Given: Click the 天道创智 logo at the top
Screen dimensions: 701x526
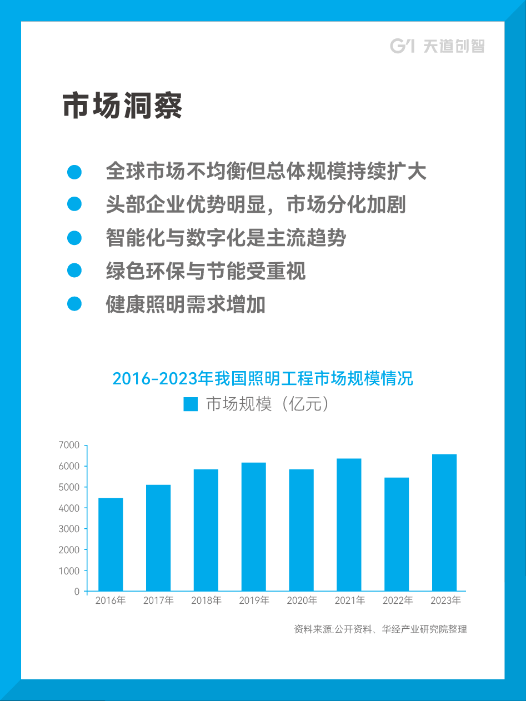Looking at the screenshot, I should [x=437, y=46].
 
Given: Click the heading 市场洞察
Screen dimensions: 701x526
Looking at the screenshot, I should [x=122, y=106].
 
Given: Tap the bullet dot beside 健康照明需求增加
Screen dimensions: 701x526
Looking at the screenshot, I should [x=74, y=304].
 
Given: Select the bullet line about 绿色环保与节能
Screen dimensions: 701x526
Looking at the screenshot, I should [x=206, y=272].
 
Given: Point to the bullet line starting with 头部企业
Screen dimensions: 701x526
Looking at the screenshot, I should [x=256, y=205].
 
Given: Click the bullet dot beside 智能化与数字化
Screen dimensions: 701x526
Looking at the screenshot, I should [x=74, y=238].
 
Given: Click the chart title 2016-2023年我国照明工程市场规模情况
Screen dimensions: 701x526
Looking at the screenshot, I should [x=263, y=379].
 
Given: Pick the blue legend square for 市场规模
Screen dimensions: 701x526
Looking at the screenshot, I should [x=191, y=404].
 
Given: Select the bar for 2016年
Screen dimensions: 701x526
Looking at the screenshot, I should [x=111, y=544].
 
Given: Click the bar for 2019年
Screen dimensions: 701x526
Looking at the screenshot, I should [x=253, y=527].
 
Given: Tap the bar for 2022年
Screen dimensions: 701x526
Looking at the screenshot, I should [x=397, y=534].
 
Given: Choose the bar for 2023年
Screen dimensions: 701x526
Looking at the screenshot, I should [x=444, y=523].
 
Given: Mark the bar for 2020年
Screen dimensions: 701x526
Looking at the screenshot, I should [x=301, y=530].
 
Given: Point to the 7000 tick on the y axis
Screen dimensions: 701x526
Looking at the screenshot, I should [x=69, y=445].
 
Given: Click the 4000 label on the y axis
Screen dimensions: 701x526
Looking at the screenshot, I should [x=69, y=508].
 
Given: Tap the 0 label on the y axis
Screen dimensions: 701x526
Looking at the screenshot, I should [x=77, y=592].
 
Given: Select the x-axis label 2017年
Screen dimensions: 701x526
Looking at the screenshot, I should [x=158, y=600].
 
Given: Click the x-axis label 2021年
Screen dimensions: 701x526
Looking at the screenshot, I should [x=349, y=600].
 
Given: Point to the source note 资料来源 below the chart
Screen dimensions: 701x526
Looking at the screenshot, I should [x=380, y=629].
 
